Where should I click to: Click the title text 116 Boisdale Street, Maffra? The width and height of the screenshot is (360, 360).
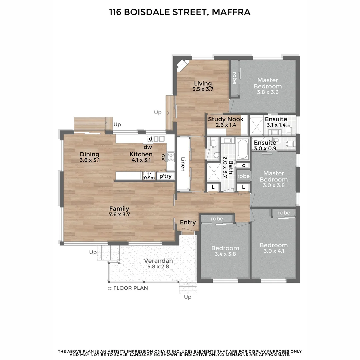point(180,13)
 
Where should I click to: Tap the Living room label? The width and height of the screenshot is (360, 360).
point(203,83)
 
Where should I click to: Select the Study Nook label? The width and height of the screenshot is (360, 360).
point(226,119)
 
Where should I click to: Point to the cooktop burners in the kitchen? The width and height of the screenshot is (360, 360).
point(171,157)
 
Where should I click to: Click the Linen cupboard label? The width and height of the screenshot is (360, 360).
point(183,164)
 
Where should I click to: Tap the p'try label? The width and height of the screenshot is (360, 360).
point(165,176)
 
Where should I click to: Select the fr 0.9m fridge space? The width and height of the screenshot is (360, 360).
point(149,176)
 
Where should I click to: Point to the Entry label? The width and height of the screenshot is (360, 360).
point(188,222)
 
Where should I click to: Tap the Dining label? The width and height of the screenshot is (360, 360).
point(90,154)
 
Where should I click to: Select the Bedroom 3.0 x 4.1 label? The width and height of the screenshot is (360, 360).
point(273,248)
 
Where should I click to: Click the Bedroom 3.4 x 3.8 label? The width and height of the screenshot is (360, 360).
point(225,251)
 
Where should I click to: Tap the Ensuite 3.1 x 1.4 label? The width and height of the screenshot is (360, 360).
point(276,122)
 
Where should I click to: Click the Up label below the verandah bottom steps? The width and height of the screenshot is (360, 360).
point(188,297)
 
